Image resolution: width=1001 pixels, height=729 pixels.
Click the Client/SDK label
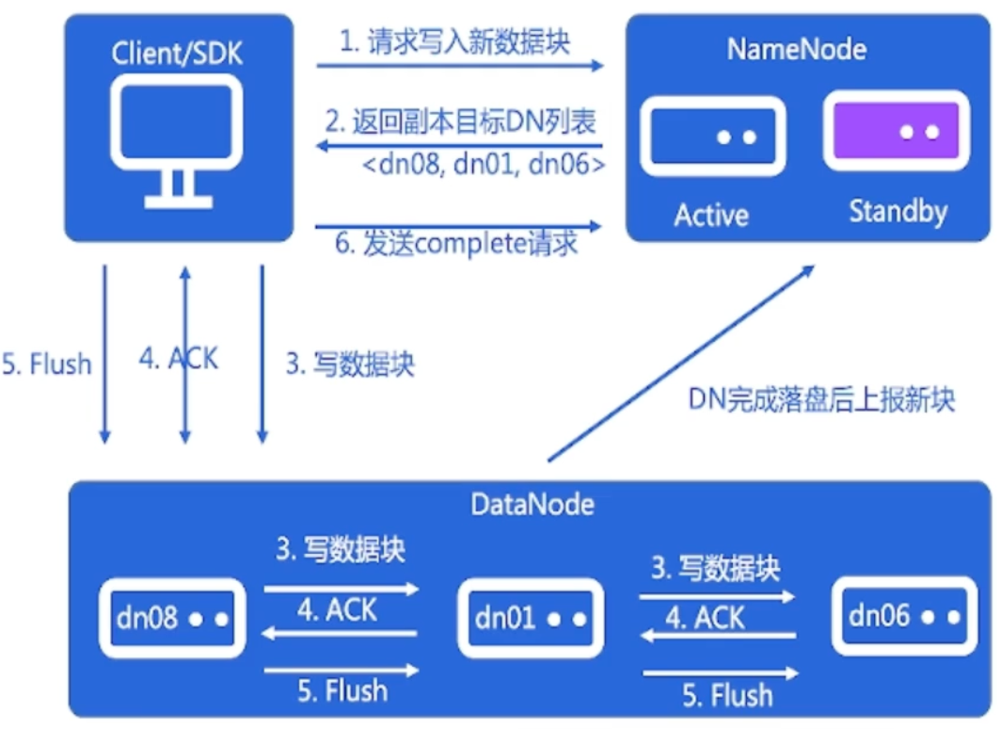pos(177,53)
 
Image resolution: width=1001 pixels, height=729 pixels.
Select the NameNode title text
pos(796,49)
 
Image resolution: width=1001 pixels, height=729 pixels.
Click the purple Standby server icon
pos(896,132)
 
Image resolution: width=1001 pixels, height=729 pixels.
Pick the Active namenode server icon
pos(712,137)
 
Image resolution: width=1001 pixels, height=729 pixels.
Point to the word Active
pos(711,216)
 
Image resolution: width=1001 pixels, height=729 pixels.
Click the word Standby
pos(898,211)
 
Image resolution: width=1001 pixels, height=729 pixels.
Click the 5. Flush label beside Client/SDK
pos(47,364)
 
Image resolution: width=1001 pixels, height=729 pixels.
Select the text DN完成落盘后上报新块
pos(822,400)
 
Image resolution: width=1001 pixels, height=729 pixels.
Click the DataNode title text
pos(532,505)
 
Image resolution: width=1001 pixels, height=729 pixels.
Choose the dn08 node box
pos(172,618)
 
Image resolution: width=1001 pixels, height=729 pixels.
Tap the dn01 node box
pos(531,618)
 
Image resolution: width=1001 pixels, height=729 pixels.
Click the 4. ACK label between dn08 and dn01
pos(337,610)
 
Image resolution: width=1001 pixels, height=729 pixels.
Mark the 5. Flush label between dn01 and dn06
pos(726,696)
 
